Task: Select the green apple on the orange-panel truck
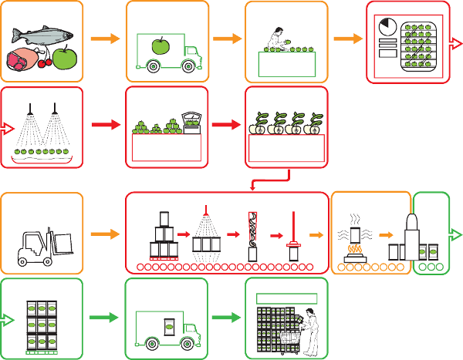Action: [x=160, y=46]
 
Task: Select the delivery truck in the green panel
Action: [x=167, y=329]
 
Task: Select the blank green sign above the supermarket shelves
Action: [x=286, y=298]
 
